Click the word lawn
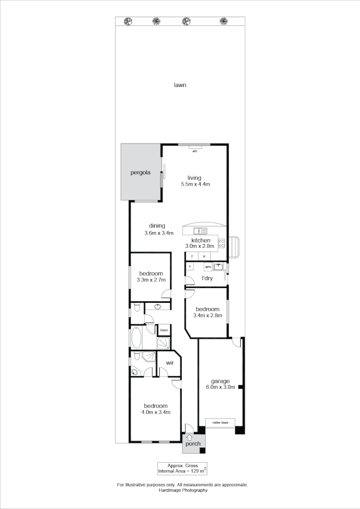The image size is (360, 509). (x=179, y=85)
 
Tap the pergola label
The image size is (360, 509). (x=140, y=173)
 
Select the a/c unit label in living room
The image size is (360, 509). (x=195, y=151)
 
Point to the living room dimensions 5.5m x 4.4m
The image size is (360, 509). (x=196, y=184)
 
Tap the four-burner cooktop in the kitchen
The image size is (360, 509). (x=221, y=243)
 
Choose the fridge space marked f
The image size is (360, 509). (x=192, y=256)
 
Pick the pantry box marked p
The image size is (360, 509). (x=205, y=256)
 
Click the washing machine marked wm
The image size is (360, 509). (x=208, y=266)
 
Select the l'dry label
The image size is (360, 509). (x=207, y=278)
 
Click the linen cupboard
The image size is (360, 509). (x=164, y=330)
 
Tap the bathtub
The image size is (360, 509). (x=136, y=338)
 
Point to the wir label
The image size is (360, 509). (x=170, y=362)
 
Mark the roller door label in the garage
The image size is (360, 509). (x=220, y=422)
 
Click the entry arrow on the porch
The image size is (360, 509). (x=189, y=437)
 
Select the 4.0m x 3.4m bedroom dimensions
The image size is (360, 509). (x=155, y=412)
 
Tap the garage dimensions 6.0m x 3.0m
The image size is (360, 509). (x=220, y=387)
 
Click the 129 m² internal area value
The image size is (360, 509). (x=196, y=472)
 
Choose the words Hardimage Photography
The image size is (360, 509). (x=182, y=490)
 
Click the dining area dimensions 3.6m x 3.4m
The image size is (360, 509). (x=159, y=233)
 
